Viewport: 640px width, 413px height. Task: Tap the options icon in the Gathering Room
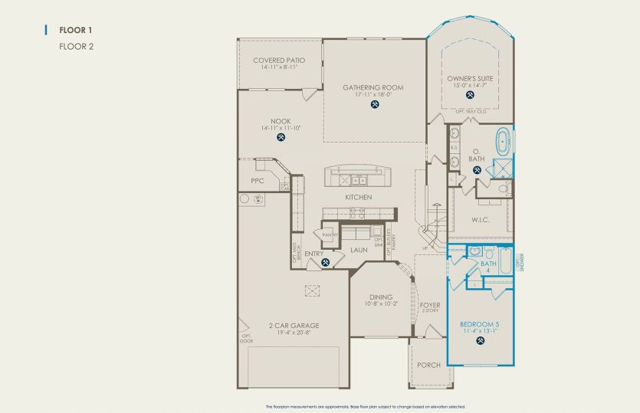(373, 105)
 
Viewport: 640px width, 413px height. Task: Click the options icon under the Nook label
(281, 138)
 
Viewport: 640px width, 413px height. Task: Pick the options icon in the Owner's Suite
(471, 97)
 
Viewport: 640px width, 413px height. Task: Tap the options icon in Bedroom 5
(480, 342)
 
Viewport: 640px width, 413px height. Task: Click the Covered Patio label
(279, 60)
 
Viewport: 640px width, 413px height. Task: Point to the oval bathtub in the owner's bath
(504, 142)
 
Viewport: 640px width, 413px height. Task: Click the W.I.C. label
(480, 220)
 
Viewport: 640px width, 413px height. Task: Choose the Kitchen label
(358, 198)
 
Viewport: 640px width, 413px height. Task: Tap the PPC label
(258, 182)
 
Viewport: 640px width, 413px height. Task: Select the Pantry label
(330, 236)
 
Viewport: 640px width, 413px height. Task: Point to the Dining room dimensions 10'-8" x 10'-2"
(380, 305)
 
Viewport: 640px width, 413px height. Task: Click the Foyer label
(430, 305)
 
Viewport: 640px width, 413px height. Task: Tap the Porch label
(428, 365)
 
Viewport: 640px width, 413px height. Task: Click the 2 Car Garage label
(294, 326)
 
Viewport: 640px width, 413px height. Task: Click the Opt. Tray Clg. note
(471, 112)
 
